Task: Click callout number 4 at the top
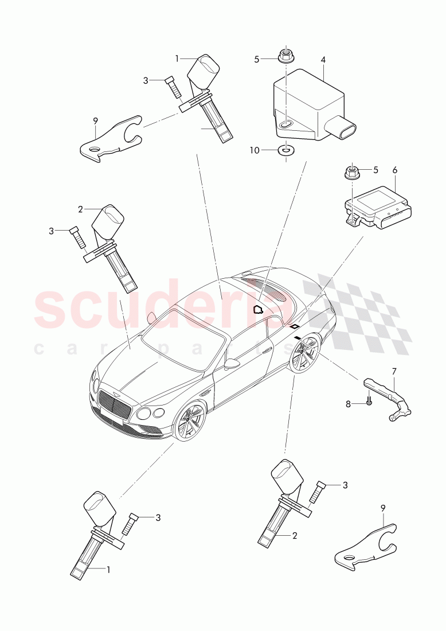click(x=323, y=59)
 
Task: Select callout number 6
click(x=394, y=170)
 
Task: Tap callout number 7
click(x=394, y=372)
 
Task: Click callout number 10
click(x=255, y=150)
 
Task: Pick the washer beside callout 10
click(x=284, y=150)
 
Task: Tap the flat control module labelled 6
click(x=375, y=204)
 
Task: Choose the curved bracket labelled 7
click(x=390, y=399)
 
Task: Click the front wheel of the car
click(x=190, y=423)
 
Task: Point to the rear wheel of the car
click(x=304, y=353)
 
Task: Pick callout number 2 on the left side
click(x=80, y=209)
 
